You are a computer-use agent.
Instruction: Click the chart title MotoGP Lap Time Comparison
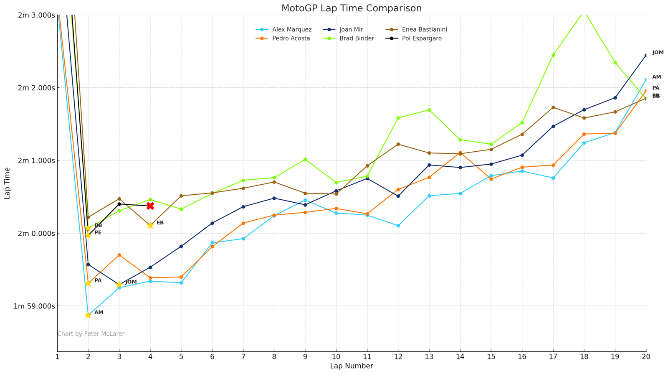pyautogui.click(x=351, y=8)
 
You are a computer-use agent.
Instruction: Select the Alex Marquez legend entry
pyautogui.click(x=292, y=30)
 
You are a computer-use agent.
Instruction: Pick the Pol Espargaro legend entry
pyautogui.click(x=422, y=38)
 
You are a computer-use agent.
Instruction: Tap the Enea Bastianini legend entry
pyautogui.click(x=425, y=30)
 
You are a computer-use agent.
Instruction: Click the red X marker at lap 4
pyautogui.click(x=150, y=206)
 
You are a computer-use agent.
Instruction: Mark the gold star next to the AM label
pyautogui.click(x=88, y=315)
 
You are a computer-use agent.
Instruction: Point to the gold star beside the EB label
pyautogui.click(x=150, y=225)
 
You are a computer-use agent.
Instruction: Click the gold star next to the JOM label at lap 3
pyautogui.click(x=119, y=285)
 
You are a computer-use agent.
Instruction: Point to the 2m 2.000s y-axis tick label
pyautogui.click(x=36, y=88)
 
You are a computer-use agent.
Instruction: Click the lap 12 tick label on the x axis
pyautogui.click(x=398, y=356)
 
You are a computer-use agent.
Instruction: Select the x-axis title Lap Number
pyautogui.click(x=351, y=366)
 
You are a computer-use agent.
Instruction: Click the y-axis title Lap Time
pyautogui.click(x=8, y=183)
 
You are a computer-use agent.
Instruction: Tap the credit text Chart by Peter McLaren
pyautogui.click(x=91, y=334)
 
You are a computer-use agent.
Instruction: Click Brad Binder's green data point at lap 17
pyautogui.click(x=553, y=55)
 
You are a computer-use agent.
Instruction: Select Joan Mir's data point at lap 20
pyautogui.click(x=646, y=55)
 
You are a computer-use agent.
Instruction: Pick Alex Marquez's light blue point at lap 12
pyautogui.click(x=398, y=226)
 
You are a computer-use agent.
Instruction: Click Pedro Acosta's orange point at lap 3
pyautogui.click(x=119, y=255)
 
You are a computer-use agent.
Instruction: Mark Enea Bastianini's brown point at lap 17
pyautogui.click(x=553, y=107)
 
